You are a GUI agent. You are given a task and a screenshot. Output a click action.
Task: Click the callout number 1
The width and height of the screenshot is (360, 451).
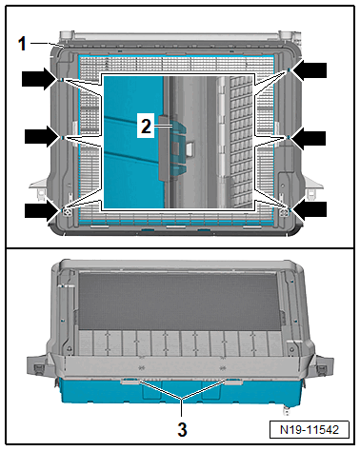coord(22,44)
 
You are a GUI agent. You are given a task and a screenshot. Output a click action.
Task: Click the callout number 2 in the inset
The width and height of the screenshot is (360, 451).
coord(146,126)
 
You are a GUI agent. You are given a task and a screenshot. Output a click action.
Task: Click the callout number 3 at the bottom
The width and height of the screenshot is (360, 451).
coord(182,430)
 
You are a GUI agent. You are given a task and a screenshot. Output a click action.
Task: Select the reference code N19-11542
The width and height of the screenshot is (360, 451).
coord(310,430)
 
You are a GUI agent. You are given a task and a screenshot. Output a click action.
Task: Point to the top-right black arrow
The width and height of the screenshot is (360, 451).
coord(308,70)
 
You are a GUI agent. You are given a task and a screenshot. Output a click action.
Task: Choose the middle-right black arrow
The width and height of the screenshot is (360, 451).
coord(307,138)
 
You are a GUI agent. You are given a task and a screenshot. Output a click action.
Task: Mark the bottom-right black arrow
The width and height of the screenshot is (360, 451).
coord(308,209)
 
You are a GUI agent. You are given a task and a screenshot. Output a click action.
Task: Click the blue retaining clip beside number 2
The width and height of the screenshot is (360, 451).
coord(178,145)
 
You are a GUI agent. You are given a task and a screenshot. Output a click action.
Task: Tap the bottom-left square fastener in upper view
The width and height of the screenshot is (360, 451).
coord(67,212)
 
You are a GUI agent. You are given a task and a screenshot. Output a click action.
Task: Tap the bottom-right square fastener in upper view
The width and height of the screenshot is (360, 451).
coord(284,212)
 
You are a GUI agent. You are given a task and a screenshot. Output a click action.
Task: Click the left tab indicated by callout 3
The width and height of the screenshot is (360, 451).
coord(130,382)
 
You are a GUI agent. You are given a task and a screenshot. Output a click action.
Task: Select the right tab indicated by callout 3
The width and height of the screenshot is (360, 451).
coord(233,382)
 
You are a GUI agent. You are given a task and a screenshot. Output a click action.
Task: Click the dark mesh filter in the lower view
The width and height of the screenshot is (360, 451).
coord(179,301)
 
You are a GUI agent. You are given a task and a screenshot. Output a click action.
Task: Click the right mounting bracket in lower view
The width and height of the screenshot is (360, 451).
coord(323,365)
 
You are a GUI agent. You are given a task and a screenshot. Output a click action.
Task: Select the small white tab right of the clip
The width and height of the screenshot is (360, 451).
coord(190,149)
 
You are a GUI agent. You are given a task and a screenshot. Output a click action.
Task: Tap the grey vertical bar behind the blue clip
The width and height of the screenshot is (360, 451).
coord(164,147)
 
